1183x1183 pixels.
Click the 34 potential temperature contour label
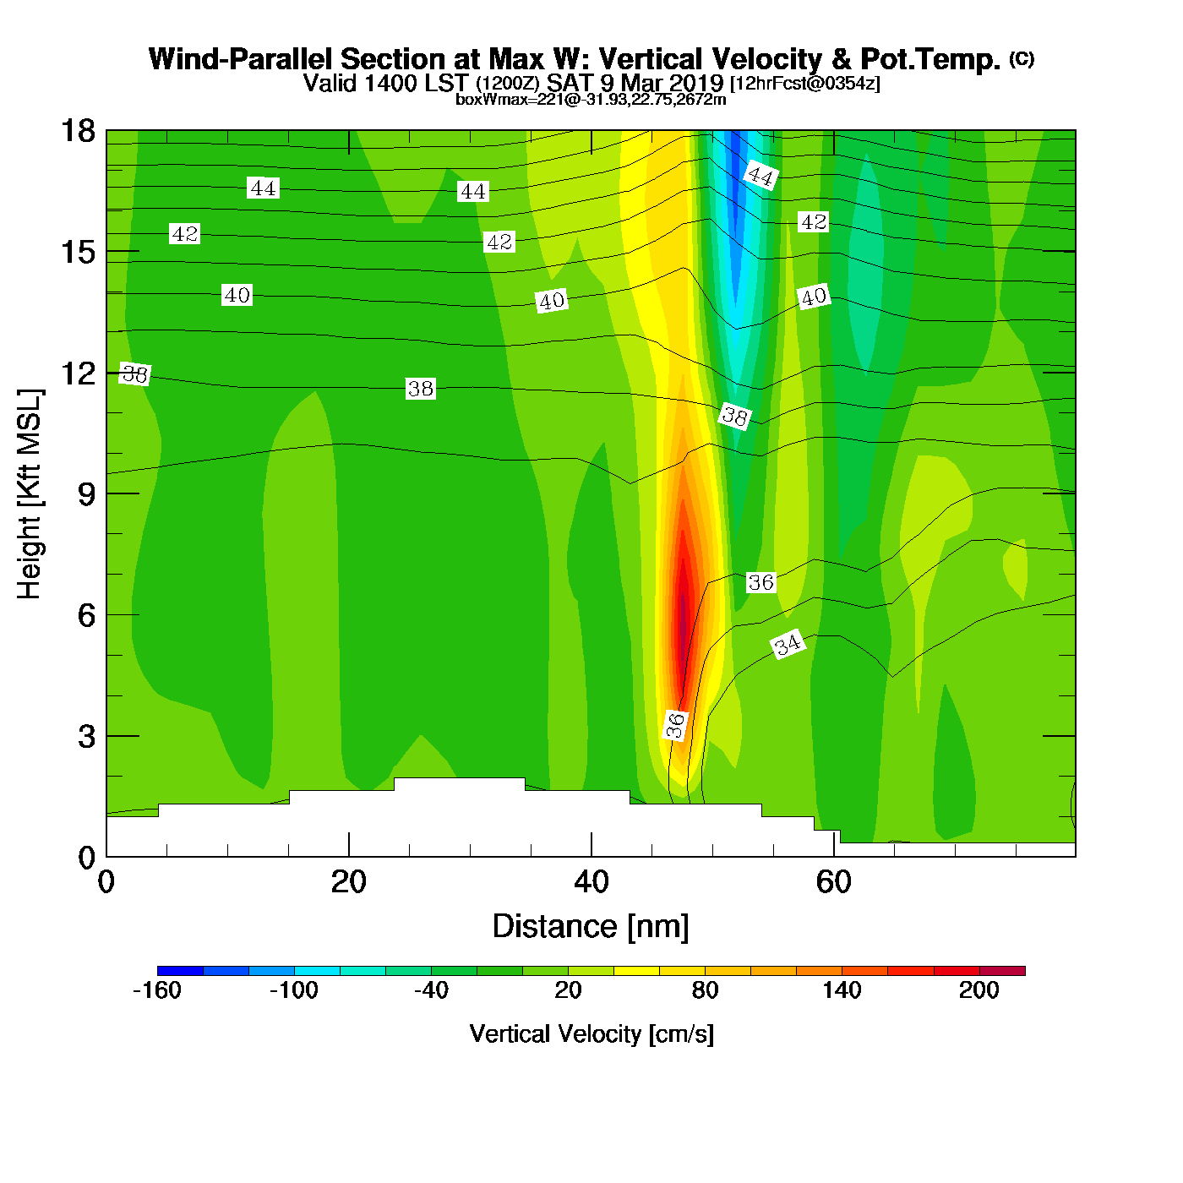coord(788,645)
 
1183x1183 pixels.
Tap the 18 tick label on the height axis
coord(77,131)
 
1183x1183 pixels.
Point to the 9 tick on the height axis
coord(86,494)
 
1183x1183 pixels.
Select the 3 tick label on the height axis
coord(86,737)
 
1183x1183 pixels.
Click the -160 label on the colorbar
coord(157,990)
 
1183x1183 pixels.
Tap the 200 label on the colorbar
coord(979,990)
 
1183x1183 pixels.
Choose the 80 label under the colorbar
coord(705,990)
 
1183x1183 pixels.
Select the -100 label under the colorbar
coord(294,990)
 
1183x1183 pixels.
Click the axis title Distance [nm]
coord(591,927)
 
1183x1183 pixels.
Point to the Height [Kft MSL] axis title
coord(30,494)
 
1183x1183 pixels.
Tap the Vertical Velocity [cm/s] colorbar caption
coord(591,1034)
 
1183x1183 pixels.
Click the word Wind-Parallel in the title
coord(241,60)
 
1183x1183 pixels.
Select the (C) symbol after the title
coord(1022,58)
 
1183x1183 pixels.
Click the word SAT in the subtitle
coord(569,83)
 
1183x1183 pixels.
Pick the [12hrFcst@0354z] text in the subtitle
coord(804,84)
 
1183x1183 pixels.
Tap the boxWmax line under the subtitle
coord(591,100)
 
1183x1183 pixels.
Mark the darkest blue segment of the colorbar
coord(180,971)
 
